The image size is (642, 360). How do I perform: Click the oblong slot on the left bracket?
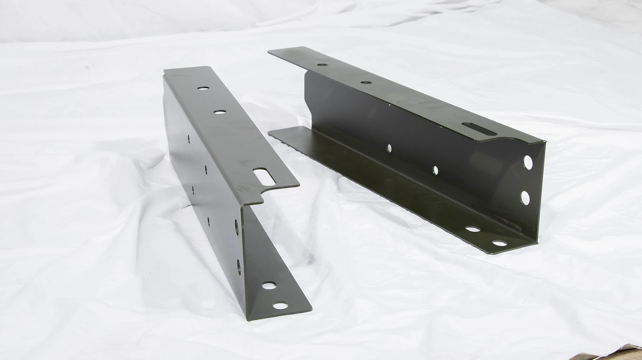(262, 175)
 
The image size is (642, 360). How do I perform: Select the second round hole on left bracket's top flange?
(219, 112)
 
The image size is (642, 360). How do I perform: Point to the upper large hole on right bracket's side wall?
(528, 163)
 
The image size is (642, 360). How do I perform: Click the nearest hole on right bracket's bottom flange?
(499, 243)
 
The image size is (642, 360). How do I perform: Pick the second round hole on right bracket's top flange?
(365, 82)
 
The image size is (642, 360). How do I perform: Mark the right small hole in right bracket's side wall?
(435, 170)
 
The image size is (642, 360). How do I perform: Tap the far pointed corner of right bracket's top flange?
(269, 51)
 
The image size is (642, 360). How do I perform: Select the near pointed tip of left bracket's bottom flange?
(311, 309)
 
